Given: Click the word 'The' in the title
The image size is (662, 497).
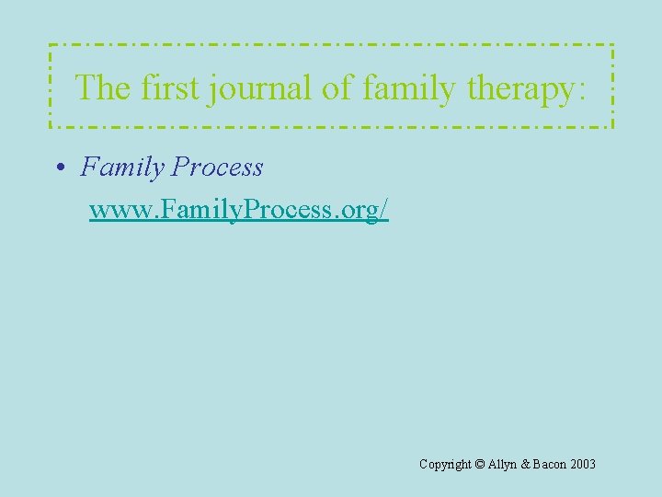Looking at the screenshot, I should coord(103,87).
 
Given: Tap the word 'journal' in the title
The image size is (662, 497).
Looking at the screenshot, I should coord(261,89).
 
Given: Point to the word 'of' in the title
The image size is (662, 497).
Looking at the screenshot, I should coord(337,87).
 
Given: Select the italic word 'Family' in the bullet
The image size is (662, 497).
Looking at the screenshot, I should coord(122,168).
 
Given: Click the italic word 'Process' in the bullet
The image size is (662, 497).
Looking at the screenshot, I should coord(217,168).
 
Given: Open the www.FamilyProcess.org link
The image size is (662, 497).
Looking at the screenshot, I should coord(239,210).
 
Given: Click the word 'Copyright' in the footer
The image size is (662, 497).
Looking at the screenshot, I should coord(445,465).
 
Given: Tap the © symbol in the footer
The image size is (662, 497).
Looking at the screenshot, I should coord(481,465).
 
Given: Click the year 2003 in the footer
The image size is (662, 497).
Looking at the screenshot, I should coord(583,465).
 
